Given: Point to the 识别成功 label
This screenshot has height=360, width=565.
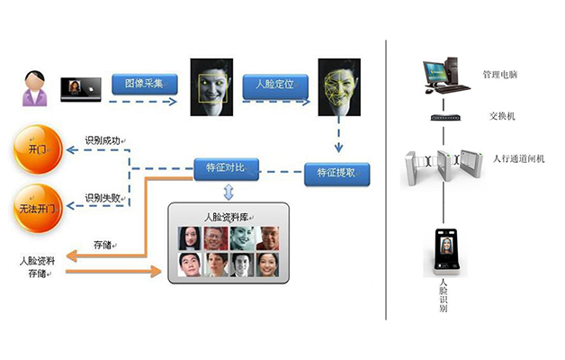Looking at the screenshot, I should (105, 140).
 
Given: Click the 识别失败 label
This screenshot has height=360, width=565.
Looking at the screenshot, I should (105, 197).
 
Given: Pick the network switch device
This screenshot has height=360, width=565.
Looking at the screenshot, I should (445, 118).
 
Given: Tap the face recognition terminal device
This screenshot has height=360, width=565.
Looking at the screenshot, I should (444, 249).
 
